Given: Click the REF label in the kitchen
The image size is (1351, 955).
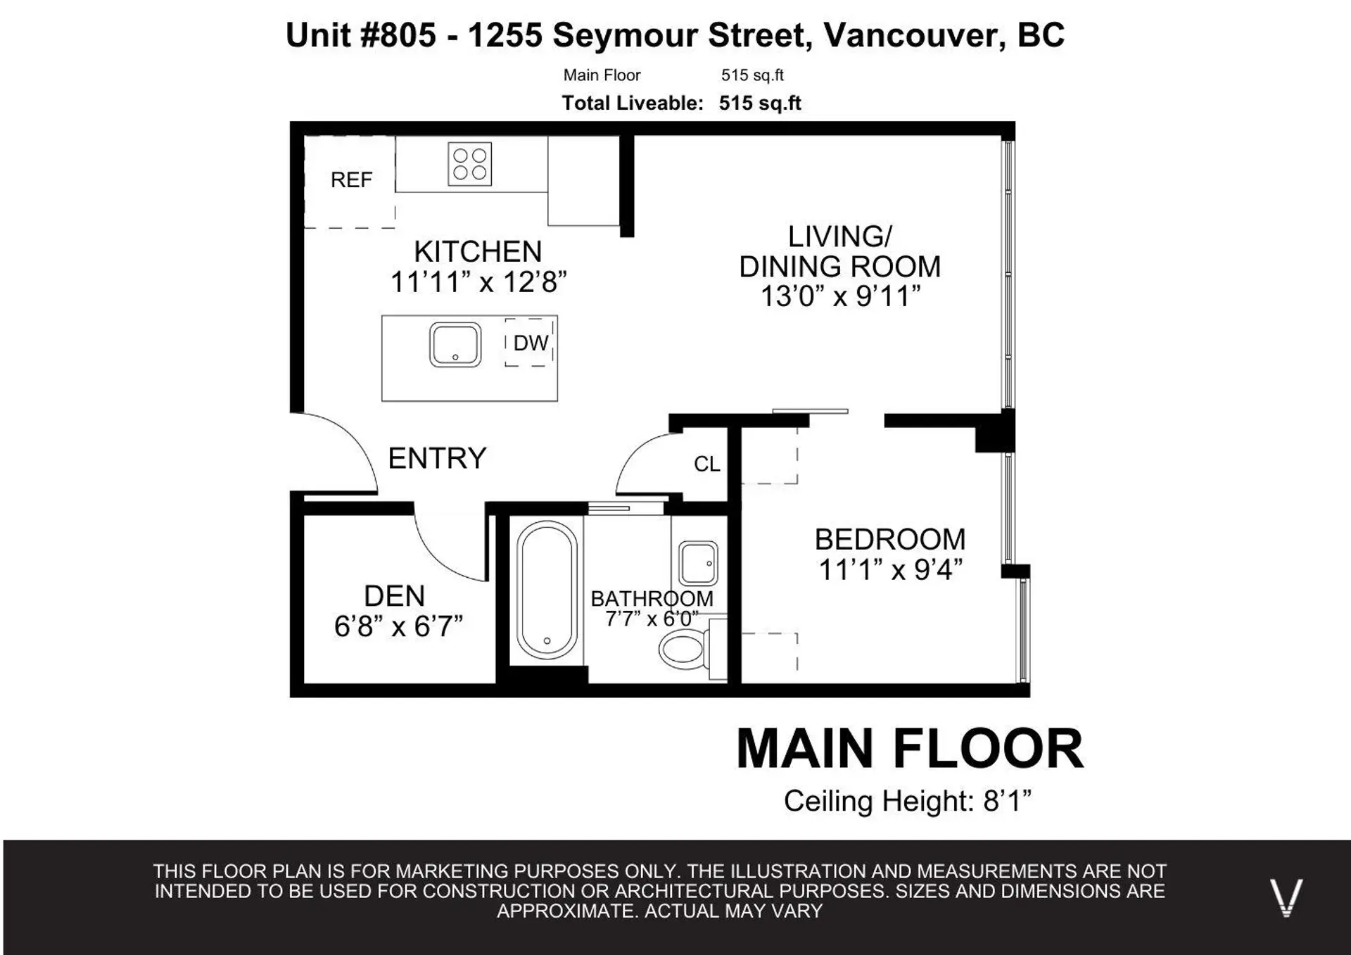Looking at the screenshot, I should [351, 180].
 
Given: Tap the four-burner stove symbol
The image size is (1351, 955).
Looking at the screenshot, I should [470, 165].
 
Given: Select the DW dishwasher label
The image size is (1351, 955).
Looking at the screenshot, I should [530, 343].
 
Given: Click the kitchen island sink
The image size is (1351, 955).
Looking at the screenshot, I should [455, 345].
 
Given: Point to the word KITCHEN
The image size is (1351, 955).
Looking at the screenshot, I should [478, 252].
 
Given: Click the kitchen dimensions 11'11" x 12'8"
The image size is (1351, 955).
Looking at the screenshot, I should [478, 282].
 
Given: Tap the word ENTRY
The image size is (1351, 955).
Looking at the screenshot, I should [437, 458].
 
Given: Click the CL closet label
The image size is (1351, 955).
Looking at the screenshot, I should [706, 464].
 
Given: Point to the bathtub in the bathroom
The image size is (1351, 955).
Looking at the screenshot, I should [547, 590].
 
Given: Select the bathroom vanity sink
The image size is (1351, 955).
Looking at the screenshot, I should [698, 563].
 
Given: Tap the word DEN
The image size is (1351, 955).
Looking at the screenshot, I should [394, 596].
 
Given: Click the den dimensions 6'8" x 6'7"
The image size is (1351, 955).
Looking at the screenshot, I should [398, 626].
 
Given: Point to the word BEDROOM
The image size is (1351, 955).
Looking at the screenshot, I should [889, 540].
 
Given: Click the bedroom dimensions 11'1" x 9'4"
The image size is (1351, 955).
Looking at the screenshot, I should [889, 569].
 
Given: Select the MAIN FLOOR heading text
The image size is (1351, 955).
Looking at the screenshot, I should [909, 749].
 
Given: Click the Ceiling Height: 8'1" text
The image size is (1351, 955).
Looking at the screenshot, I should [907, 801].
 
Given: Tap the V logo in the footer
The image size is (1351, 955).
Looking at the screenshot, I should [1286, 897].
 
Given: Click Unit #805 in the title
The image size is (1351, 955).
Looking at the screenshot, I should [361, 35].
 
